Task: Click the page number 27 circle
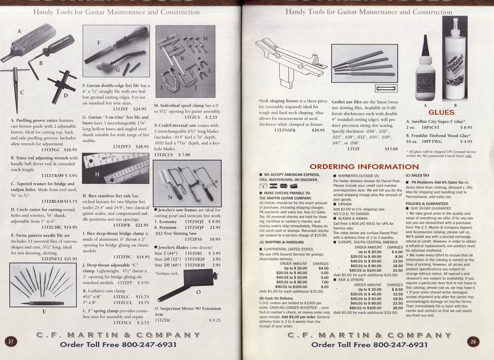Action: [11, 341]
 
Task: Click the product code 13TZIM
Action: [162, 320]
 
